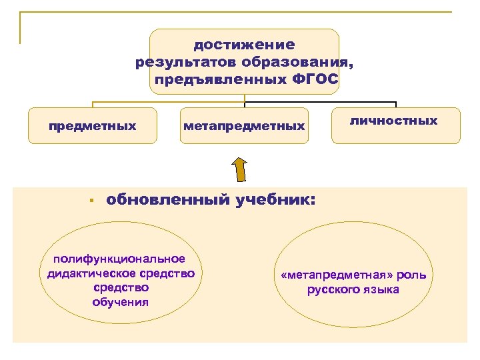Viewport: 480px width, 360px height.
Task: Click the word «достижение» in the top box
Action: coord(244,45)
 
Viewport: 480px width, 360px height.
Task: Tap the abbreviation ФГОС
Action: coord(317,80)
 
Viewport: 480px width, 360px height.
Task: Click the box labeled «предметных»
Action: coord(92,125)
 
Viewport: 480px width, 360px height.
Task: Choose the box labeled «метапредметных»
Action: coord(244,125)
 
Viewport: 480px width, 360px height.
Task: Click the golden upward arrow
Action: coord(240,170)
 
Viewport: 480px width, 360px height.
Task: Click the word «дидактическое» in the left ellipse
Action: coord(93,273)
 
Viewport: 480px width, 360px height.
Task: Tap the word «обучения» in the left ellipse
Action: coord(121,302)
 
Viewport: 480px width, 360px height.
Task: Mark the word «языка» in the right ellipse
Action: coord(383,289)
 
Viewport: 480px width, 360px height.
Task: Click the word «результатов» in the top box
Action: coord(177,63)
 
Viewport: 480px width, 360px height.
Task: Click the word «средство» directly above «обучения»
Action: coord(121,287)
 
